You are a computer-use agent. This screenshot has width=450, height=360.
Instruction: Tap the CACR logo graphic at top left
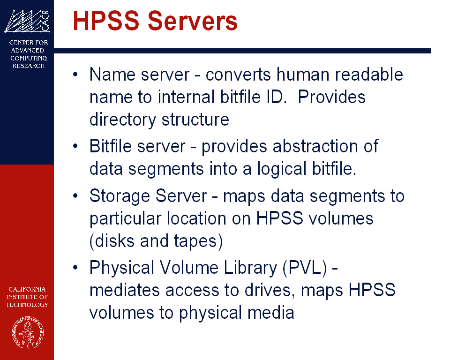tap(27, 21)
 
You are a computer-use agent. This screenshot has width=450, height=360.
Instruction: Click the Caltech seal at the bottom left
tap(28, 332)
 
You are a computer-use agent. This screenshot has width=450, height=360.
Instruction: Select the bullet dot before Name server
tap(75, 75)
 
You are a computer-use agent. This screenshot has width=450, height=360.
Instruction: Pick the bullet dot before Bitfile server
tap(75, 146)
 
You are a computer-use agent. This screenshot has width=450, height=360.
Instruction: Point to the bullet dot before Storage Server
tap(75, 196)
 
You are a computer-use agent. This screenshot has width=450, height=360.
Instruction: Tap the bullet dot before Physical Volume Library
tap(75, 268)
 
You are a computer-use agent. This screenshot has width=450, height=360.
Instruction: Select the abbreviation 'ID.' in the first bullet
tap(277, 97)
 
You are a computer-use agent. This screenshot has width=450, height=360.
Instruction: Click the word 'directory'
tap(123, 120)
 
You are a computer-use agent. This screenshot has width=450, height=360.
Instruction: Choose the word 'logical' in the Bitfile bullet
tap(282, 169)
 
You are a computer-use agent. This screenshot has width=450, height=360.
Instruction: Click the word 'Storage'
tap(120, 196)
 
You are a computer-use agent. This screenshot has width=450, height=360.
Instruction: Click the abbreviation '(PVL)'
tap(305, 268)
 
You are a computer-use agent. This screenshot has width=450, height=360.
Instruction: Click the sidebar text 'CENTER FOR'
tap(29, 43)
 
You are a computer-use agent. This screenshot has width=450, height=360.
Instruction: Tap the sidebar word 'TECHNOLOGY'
tap(27, 305)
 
